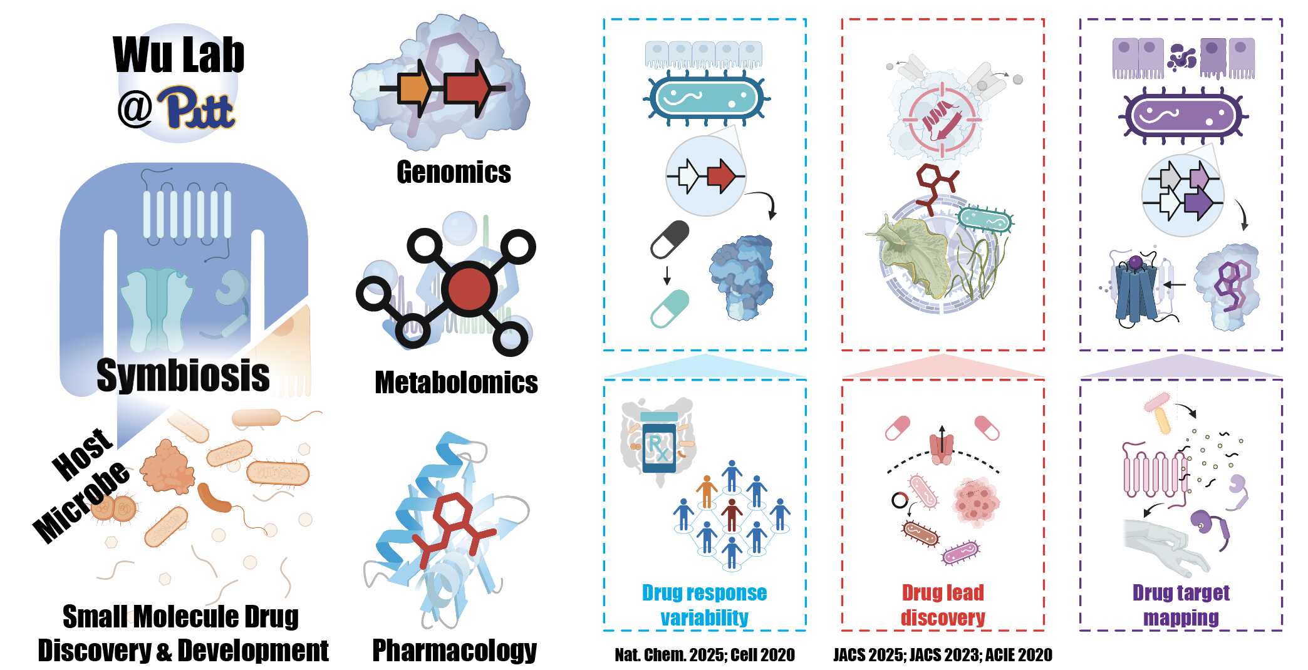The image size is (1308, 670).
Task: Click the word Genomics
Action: (x=454, y=172)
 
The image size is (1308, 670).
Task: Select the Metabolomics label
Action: (x=456, y=382)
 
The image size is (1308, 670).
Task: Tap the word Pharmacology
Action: (x=454, y=650)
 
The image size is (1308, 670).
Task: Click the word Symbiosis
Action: (x=183, y=375)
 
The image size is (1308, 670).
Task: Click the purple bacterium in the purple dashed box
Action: (x=1182, y=116)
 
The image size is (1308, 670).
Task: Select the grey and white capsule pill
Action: (x=670, y=239)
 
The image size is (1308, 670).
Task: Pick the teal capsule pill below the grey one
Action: (x=670, y=309)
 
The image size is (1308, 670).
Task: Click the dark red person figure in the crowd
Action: (x=731, y=513)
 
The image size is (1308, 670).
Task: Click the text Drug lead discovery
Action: (x=943, y=605)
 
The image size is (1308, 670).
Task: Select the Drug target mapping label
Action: (x=1181, y=605)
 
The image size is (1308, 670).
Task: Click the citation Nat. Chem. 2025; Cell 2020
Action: (x=705, y=655)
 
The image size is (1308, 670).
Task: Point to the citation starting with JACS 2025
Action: (x=943, y=655)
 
